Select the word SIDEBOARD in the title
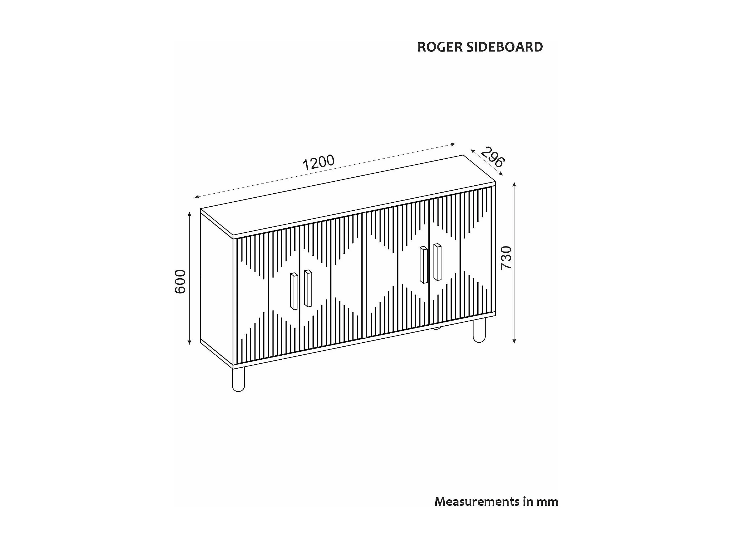pyautogui.click(x=504, y=47)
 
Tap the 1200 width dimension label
pyautogui.click(x=319, y=162)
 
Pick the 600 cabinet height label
pyautogui.click(x=180, y=282)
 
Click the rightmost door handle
pyautogui.click(x=437, y=262)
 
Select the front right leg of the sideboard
pyautogui.click(x=479, y=330)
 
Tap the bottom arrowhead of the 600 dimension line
pyautogui.click(x=189, y=342)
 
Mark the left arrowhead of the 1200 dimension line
pyautogui.click(x=197, y=197)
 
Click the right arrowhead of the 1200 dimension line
pyautogui.click(x=453, y=144)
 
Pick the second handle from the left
pyautogui.click(x=308, y=288)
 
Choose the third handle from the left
pyautogui.click(x=424, y=265)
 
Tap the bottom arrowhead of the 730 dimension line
pyautogui.click(x=514, y=341)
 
